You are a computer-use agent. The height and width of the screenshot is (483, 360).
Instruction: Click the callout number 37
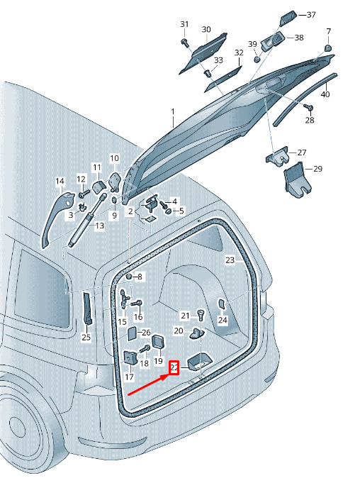311,14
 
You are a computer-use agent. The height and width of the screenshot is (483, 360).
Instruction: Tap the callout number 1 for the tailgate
173,111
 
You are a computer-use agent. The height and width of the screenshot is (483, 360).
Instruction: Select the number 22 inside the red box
174,367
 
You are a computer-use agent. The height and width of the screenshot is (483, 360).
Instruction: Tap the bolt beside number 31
185,43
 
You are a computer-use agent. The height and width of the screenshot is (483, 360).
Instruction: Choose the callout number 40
325,94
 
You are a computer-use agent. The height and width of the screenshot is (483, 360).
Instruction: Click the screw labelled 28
308,107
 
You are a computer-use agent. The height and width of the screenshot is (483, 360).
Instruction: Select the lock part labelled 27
278,156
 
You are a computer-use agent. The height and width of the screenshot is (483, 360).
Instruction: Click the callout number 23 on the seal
230,260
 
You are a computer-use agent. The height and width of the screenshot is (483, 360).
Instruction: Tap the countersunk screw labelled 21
201,316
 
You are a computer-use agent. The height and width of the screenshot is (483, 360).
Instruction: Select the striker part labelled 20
196,333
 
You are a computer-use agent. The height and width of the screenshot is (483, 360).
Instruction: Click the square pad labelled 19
159,341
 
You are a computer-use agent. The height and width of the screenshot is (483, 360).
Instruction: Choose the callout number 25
86,338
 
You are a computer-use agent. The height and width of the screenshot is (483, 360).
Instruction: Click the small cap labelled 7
328,48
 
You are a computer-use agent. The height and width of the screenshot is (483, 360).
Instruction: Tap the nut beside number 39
257,59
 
